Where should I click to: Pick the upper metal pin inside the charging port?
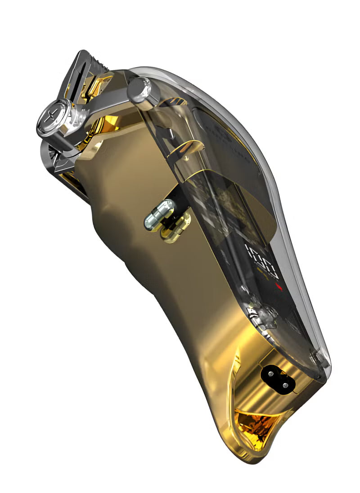(x=271, y=373)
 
